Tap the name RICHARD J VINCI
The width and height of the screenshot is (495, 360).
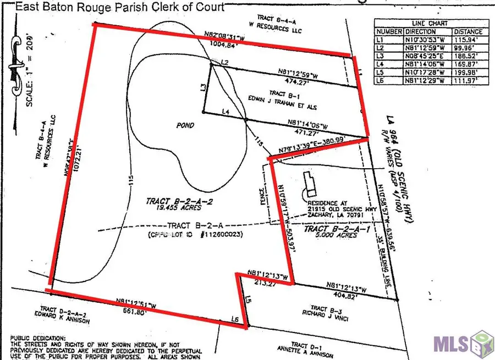[x=318, y=315]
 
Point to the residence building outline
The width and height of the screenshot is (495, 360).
[x=310, y=184]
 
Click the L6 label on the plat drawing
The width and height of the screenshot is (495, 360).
[x=235, y=319]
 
